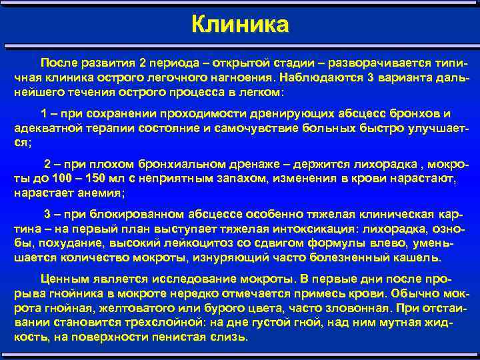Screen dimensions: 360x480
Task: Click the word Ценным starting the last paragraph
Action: coord(62,279)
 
